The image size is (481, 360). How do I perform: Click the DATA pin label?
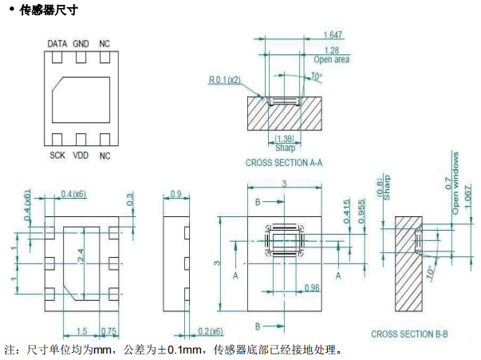click(57, 43)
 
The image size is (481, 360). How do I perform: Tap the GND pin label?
click(81, 43)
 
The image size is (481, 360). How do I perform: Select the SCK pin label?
click(57, 155)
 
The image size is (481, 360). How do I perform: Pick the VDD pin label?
click(81, 155)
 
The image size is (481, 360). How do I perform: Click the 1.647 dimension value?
click(334, 34)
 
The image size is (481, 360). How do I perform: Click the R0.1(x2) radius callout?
click(226, 80)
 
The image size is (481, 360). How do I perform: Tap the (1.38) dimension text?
click(285, 139)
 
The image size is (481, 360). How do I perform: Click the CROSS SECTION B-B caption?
click(410, 334)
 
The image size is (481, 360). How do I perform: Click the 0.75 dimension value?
click(109, 331)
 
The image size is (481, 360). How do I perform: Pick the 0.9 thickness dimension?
click(175, 194)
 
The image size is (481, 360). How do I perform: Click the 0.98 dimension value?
click(311, 287)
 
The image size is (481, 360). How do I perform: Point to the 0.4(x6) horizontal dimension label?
click(74, 194)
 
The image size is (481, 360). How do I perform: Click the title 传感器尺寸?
click(45, 10)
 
